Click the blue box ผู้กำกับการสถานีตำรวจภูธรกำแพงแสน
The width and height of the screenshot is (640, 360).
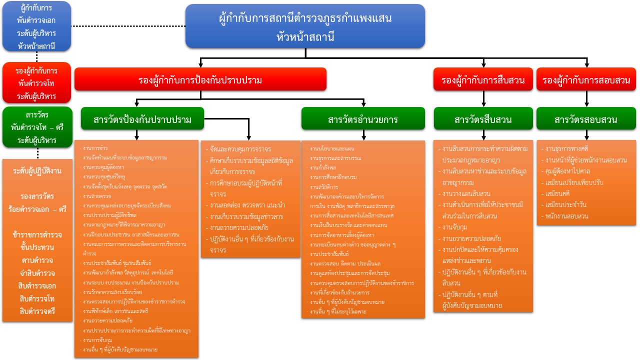(x=305, y=26)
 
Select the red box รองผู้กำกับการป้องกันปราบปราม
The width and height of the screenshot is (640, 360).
(x=200, y=79)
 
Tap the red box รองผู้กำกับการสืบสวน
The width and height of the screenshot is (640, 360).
(x=483, y=79)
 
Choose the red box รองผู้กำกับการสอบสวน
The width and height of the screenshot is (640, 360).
(x=586, y=79)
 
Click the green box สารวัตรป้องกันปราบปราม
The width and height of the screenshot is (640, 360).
(x=142, y=119)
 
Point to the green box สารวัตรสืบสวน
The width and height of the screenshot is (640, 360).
(x=483, y=119)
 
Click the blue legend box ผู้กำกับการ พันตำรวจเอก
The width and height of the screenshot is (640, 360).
(x=36, y=27)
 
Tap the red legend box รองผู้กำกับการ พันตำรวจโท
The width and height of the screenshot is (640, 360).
(x=36, y=83)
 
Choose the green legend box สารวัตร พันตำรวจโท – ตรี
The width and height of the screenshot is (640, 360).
(x=37, y=127)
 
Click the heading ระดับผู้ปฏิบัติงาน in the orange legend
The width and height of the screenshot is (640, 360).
(x=37, y=171)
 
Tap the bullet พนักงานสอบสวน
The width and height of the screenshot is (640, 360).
(x=567, y=216)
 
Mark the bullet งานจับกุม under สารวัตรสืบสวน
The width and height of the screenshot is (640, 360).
(x=453, y=226)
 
